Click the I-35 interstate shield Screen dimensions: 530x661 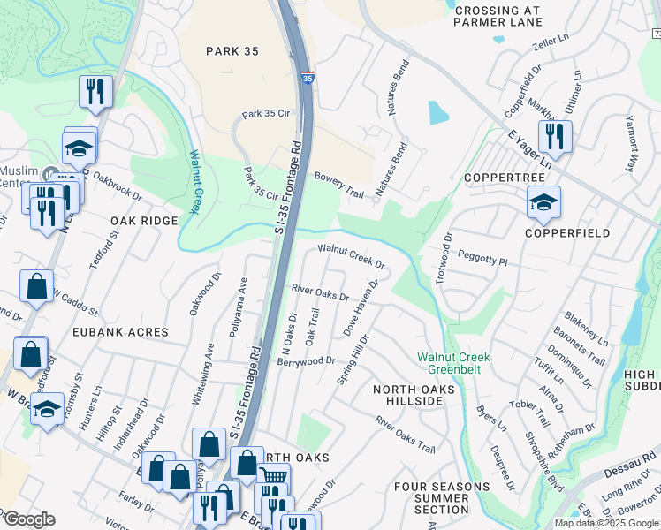307,79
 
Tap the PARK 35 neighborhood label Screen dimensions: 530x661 232,51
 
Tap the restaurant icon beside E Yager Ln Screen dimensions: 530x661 554,136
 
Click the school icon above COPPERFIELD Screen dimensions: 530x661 544,202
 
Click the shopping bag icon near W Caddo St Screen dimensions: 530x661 37,286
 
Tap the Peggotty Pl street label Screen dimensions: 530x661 482,259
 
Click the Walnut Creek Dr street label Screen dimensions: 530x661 352,257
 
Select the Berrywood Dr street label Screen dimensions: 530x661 306,360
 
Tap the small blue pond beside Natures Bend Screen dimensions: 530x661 438,113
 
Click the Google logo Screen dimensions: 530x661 28,519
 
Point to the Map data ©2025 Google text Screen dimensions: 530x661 605,523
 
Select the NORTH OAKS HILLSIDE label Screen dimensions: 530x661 414,395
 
